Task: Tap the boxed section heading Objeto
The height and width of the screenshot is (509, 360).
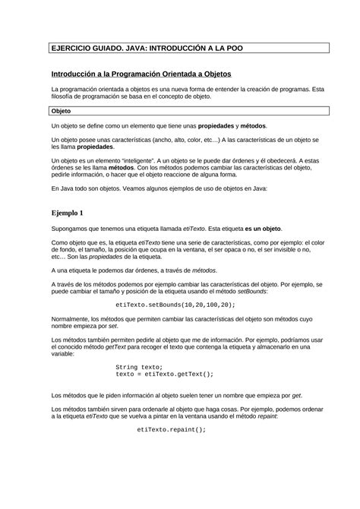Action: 61,111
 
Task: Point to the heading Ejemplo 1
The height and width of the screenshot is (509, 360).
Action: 67,212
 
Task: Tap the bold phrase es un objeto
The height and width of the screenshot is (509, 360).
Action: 261,228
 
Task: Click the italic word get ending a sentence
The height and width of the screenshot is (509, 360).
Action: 296,395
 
